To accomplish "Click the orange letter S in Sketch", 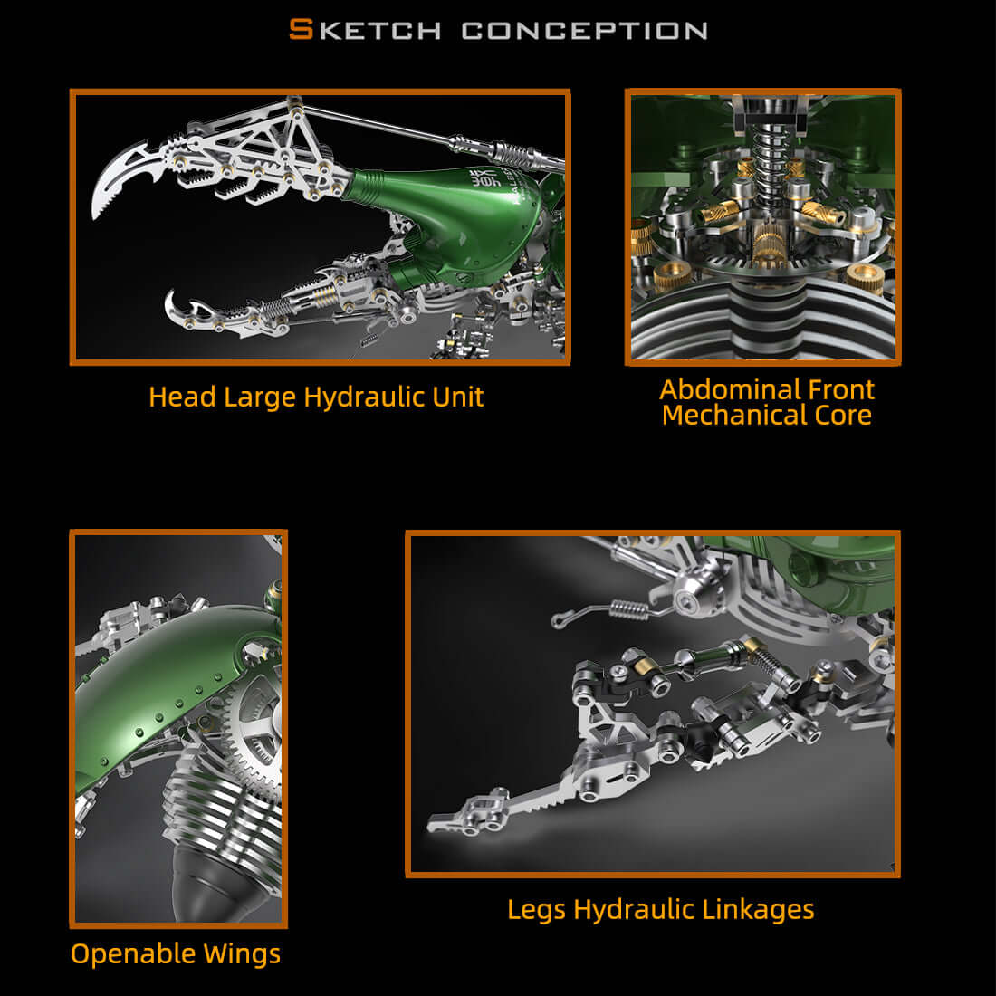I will pyautogui.click(x=301, y=29).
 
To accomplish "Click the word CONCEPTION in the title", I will pyautogui.click(x=584, y=31).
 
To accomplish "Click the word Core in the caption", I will pyautogui.click(x=841, y=416).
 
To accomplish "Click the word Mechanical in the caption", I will pyautogui.click(x=733, y=416).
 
